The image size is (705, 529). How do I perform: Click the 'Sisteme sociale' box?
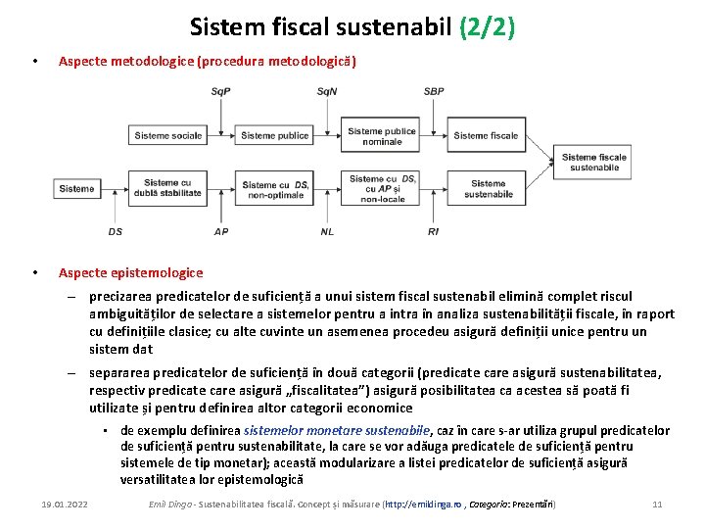(x=168, y=136)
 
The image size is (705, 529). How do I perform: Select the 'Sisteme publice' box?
(x=274, y=136)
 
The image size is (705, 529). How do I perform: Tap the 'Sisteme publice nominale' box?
(x=382, y=136)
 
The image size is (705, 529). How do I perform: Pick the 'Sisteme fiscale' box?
(x=487, y=136)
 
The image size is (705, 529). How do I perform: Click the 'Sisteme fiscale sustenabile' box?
(x=594, y=162)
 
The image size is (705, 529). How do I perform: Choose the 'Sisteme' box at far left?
(x=76, y=188)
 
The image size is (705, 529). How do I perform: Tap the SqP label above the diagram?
(x=221, y=92)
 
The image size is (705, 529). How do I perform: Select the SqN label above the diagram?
(x=328, y=92)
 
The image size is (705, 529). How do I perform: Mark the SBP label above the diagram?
(x=434, y=92)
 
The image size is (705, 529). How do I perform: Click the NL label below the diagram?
(x=327, y=232)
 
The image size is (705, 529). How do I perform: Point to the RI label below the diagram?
(x=434, y=232)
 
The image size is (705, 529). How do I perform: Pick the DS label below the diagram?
(x=116, y=232)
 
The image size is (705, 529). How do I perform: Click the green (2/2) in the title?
(x=487, y=25)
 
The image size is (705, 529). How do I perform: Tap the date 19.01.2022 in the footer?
(x=65, y=504)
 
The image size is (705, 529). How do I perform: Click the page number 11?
(x=657, y=504)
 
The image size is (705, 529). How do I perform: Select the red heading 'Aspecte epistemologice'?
(x=130, y=272)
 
